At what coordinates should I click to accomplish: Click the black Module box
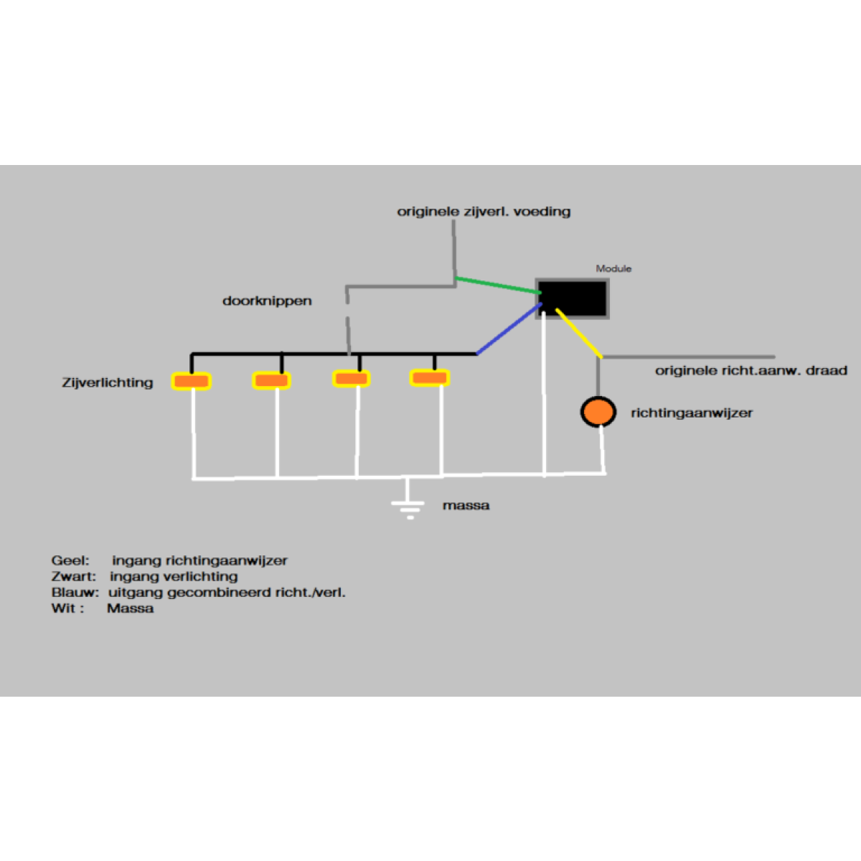pyautogui.click(x=573, y=298)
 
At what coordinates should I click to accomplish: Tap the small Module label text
pyautogui.click(x=613, y=268)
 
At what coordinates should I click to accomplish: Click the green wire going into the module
pyautogui.click(x=497, y=286)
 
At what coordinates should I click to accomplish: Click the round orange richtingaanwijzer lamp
pyautogui.click(x=598, y=412)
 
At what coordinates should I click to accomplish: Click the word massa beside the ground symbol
pyautogui.click(x=466, y=505)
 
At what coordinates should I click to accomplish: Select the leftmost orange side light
pyautogui.click(x=192, y=381)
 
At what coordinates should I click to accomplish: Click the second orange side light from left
pyautogui.click(x=271, y=380)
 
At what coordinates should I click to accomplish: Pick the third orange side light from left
pyautogui.click(x=352, y=378)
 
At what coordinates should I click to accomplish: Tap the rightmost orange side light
pyautogui.click(x=429, y=377)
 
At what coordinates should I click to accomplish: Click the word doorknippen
pyautogui.click(x=267, y=301)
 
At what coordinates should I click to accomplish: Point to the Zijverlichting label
pyautogui.click(x=108, y=382)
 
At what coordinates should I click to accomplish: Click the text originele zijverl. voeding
pyautogui.click(x=484, y=212)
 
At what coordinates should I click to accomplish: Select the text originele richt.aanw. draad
pyautogui.click(x=751, y=371)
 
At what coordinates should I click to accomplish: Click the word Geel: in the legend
pyautogui.click(x=70, y=560)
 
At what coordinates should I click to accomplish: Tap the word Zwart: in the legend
pyautogui.click(x=73, y=576)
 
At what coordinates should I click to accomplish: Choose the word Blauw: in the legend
pyautogui.click(x=75, y=593)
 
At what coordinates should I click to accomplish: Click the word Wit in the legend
pyautogui.click(x=63, y=608)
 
